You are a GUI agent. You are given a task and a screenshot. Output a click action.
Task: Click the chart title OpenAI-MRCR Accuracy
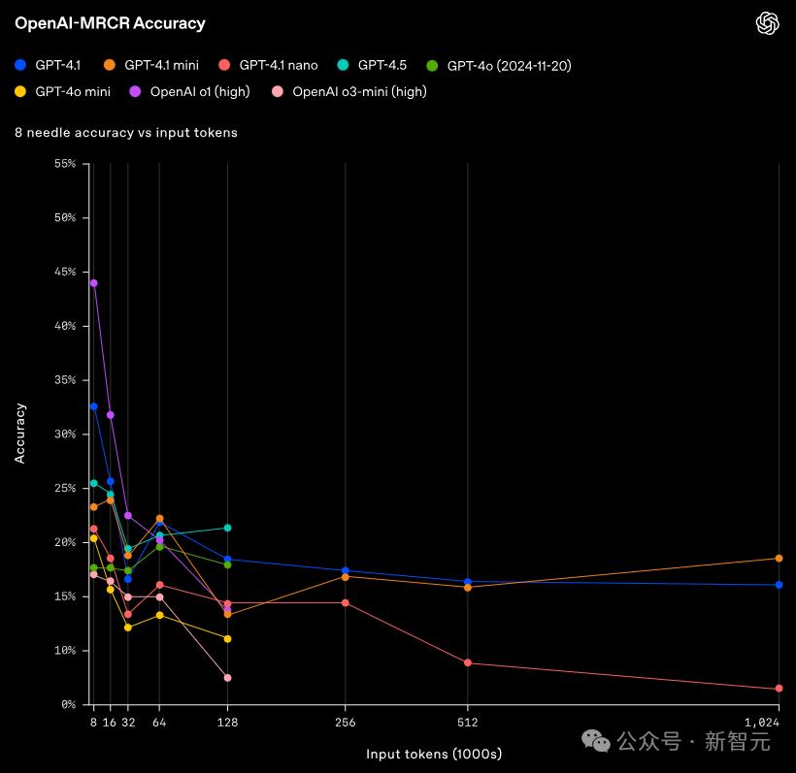110,23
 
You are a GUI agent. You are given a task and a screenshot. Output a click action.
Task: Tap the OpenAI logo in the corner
768,23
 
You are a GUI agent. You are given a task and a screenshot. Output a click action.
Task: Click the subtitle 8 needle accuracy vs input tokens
126,132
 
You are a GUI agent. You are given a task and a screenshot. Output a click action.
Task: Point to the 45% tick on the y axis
65,272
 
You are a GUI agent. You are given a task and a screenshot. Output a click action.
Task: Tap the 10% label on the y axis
65,650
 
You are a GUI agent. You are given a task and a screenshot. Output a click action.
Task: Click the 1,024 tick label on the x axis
763,722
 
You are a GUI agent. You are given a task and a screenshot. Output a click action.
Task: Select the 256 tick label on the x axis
346,722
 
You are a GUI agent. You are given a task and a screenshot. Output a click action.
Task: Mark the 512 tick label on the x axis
468,722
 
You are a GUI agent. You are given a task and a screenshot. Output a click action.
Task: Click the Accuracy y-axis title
20,433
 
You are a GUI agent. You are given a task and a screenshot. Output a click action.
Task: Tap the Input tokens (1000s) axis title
434,754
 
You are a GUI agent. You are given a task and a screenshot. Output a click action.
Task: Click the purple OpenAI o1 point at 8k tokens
93,283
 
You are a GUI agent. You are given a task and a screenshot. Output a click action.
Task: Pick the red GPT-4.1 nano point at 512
468,662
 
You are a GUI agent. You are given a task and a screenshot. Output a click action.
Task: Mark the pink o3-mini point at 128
227,678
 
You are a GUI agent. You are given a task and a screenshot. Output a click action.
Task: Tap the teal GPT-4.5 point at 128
227,528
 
